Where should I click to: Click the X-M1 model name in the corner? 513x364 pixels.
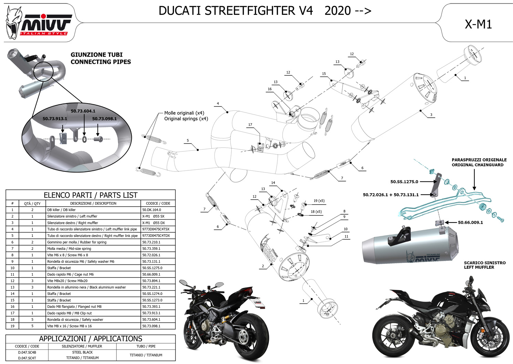coord(478,24)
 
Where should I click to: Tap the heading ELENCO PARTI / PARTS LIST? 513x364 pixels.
coord(91,195)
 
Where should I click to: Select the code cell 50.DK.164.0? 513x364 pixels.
coord(151,210)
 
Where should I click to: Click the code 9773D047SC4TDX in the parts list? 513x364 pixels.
coord(156,236)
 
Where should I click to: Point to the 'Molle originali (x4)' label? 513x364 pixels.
coord(184,113)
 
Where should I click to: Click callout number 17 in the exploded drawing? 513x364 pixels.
coord(250,125)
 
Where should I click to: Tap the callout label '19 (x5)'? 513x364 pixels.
coord(319,201)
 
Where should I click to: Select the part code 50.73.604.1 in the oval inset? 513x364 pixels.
coord(83,111)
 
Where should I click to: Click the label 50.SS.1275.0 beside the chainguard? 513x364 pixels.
coord(404,182)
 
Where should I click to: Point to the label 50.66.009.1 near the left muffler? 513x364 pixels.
coord(470,223)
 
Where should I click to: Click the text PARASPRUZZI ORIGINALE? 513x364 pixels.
coord(479,160)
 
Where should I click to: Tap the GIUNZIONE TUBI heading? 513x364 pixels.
coord(96,55)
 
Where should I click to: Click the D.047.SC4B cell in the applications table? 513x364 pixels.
coord(27,353)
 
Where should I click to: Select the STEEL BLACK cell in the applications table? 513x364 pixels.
coord(82,352)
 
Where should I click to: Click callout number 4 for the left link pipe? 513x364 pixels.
coord(218,104)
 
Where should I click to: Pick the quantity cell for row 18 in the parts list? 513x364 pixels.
coord(32,320)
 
